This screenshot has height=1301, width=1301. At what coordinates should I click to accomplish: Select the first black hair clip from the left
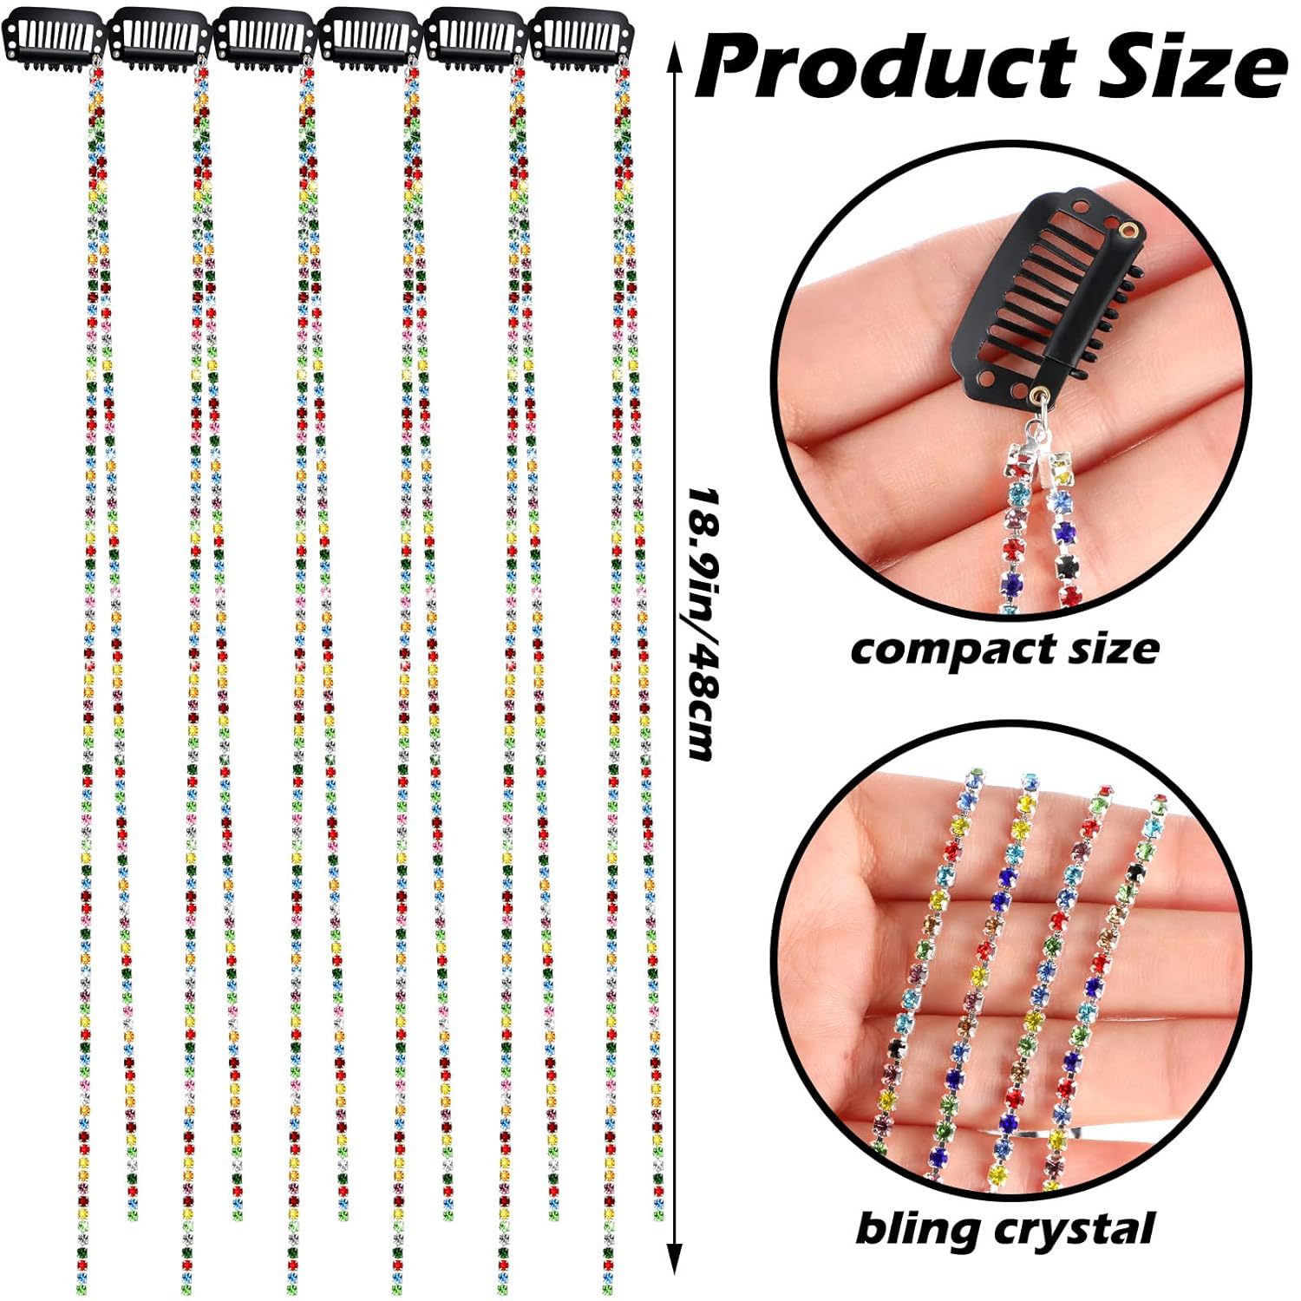(x=54, y=39)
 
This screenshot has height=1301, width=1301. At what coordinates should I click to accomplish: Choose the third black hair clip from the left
(x=265, y=39)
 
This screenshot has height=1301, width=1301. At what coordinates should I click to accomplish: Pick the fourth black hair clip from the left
(x=369, y=39)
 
